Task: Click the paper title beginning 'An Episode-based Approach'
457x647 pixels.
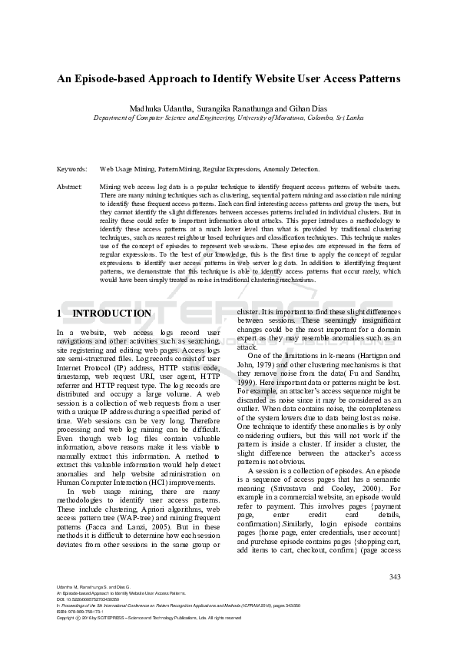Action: [x=228, y=78]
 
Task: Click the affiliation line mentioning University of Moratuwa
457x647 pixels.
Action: [x=228, y=118]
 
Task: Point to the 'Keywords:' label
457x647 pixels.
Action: [x=71, y=168]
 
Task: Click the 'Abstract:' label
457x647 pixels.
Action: [x=70, y=187]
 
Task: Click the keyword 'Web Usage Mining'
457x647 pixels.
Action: [x=127, y=168]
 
